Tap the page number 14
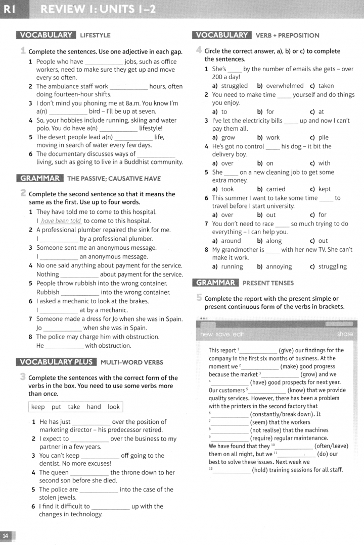[x=6, y=535]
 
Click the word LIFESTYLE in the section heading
[x=95, y=35]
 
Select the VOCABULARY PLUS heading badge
[x=56, y=362]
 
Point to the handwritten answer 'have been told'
[x=61, y=221]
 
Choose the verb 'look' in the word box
[x=114, y=407]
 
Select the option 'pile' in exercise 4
[x=323, y=137]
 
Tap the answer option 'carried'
[x=276, y=189]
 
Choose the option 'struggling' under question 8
[x=332, y=266]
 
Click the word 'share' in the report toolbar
[x=345, y=334]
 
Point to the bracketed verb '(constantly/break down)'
[x=285, y=414]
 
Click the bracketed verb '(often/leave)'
[x=331, y=446]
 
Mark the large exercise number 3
[x=23, y=376]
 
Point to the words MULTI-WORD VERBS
[x=132, y=362]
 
